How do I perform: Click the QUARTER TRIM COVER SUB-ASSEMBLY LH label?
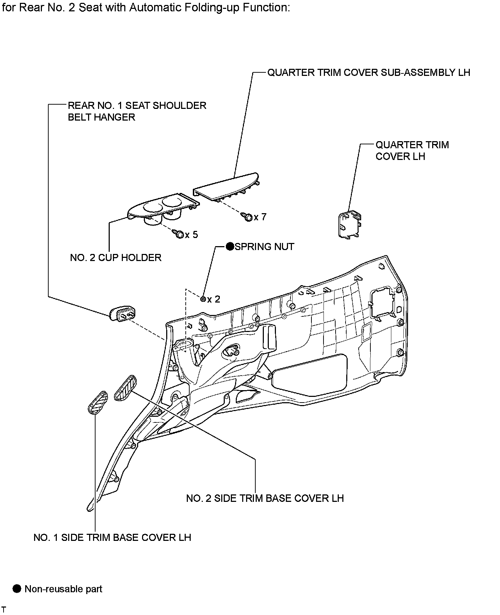pos(368,73)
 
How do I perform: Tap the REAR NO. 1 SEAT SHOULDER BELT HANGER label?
pos(137,111)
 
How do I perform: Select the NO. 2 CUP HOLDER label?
pos(116,257)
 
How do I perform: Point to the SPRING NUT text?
pos(265,246)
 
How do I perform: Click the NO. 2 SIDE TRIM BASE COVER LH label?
pos(265,498)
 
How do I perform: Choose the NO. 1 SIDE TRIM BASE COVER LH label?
pos(112,537)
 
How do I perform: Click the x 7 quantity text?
pos(260,217)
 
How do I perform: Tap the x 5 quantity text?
pos(191,235)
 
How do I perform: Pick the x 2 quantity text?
pos(214,299)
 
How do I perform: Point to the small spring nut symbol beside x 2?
pos(203,299)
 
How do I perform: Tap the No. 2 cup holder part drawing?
pos(162,209)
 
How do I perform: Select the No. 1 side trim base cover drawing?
pos(97,403)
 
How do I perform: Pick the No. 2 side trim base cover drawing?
pos(125,388)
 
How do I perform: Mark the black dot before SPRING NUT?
pos(230,246)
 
